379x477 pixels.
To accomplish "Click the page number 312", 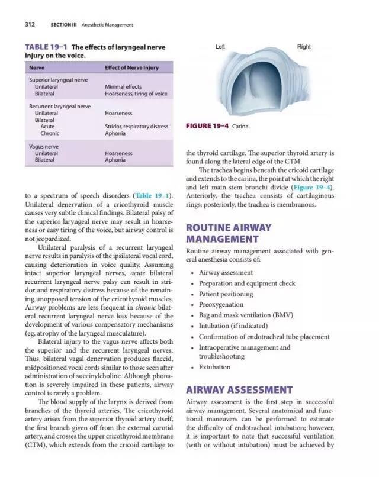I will pyautogui.click(x=30, y=25).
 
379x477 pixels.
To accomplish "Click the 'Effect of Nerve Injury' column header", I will pyautogui.click(x=131, y=67).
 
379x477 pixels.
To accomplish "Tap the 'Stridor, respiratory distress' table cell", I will pyautogui.click(x=136, y=126).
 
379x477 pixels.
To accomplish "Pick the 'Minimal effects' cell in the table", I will pyautogui.click(x=123, y=86).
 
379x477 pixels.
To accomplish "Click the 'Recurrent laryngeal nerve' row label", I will pyautogui.click(x=60, y=107).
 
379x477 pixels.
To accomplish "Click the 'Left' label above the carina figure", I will pyautogui.click(x=220, y=46).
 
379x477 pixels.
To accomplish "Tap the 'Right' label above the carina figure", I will pyautogui.click(x=304, y=46).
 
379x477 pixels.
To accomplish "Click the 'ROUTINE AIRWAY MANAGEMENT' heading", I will pyautogui.click(x=229, y=233).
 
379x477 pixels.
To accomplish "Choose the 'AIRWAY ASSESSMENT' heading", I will pyautogui.click(x=239, y=390).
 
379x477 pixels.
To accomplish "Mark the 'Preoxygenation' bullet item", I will pyautogui.click(x=221, y=305).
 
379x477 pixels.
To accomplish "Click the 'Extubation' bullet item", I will pyautogui.click(x=214, y=367).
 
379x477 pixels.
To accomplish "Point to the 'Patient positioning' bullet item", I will pyautogui.click(x=226, y=294).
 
